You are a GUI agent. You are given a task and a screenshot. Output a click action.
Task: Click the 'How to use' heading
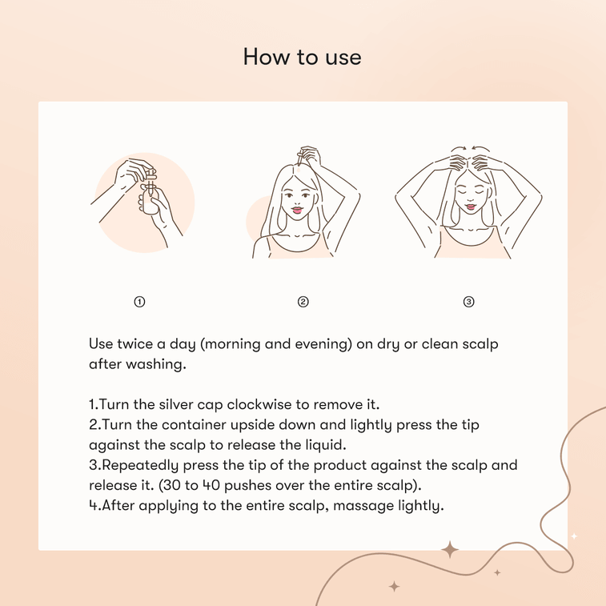point(303,57)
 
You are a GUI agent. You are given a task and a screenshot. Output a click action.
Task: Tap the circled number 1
point(139,302)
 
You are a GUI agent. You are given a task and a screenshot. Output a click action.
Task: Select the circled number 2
point(303,302)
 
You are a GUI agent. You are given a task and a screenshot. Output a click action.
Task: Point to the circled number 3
point(468,302)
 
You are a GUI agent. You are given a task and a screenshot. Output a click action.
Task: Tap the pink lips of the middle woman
point(297,210)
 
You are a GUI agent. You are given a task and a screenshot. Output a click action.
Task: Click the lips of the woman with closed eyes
point(471,207)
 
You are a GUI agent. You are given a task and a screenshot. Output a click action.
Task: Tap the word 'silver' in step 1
point(171,404)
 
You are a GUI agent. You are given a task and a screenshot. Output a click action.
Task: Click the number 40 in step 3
point(211,485)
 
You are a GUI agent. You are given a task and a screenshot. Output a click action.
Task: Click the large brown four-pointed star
point(450,550)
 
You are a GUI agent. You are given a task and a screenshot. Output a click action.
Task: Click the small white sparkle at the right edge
point(574,536)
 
